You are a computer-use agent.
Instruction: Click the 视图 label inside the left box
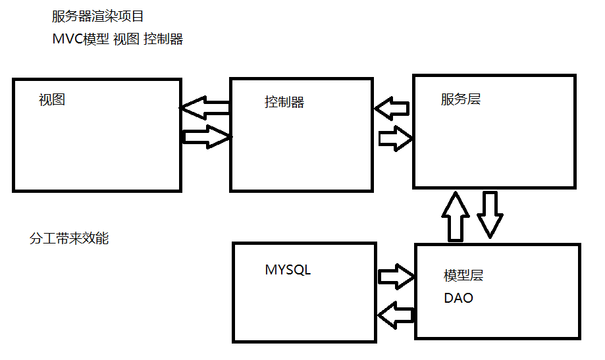click(x=52, y=100)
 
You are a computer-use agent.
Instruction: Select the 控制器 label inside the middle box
click(x=284, y=102)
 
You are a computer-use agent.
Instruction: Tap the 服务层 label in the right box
click(x=461, y=99)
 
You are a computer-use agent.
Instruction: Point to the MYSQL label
click(x=288, y=270)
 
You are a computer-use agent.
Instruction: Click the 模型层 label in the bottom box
click(x=463, y=276)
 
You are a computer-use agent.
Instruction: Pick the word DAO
click(x=458, y=298)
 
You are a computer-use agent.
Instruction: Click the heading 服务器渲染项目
click(x=97, y=16)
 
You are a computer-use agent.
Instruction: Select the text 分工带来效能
click(x=69, y=239)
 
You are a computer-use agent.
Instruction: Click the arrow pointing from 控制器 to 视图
click(x=204, y=107)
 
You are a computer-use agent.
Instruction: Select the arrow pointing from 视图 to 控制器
click(x=207, y=136)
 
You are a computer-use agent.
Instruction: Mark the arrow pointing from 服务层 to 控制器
click(x=392, y=108)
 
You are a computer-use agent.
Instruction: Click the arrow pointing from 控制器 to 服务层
click(x=396, y=138)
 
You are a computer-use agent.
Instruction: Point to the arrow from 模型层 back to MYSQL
click(x=397, y=314)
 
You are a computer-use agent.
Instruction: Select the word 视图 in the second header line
click(x=126, y=39)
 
